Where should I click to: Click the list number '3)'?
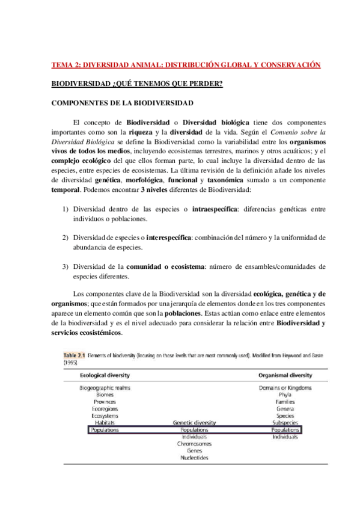click(66, 266)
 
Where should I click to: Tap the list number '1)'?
click(66, 209)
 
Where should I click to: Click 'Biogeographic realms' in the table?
click(105, 388)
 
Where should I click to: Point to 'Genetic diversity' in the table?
click(194, 423)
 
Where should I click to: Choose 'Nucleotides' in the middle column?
click(194, 458)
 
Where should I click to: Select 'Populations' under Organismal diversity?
click(285, 431)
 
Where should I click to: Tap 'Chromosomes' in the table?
click(194, 444)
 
